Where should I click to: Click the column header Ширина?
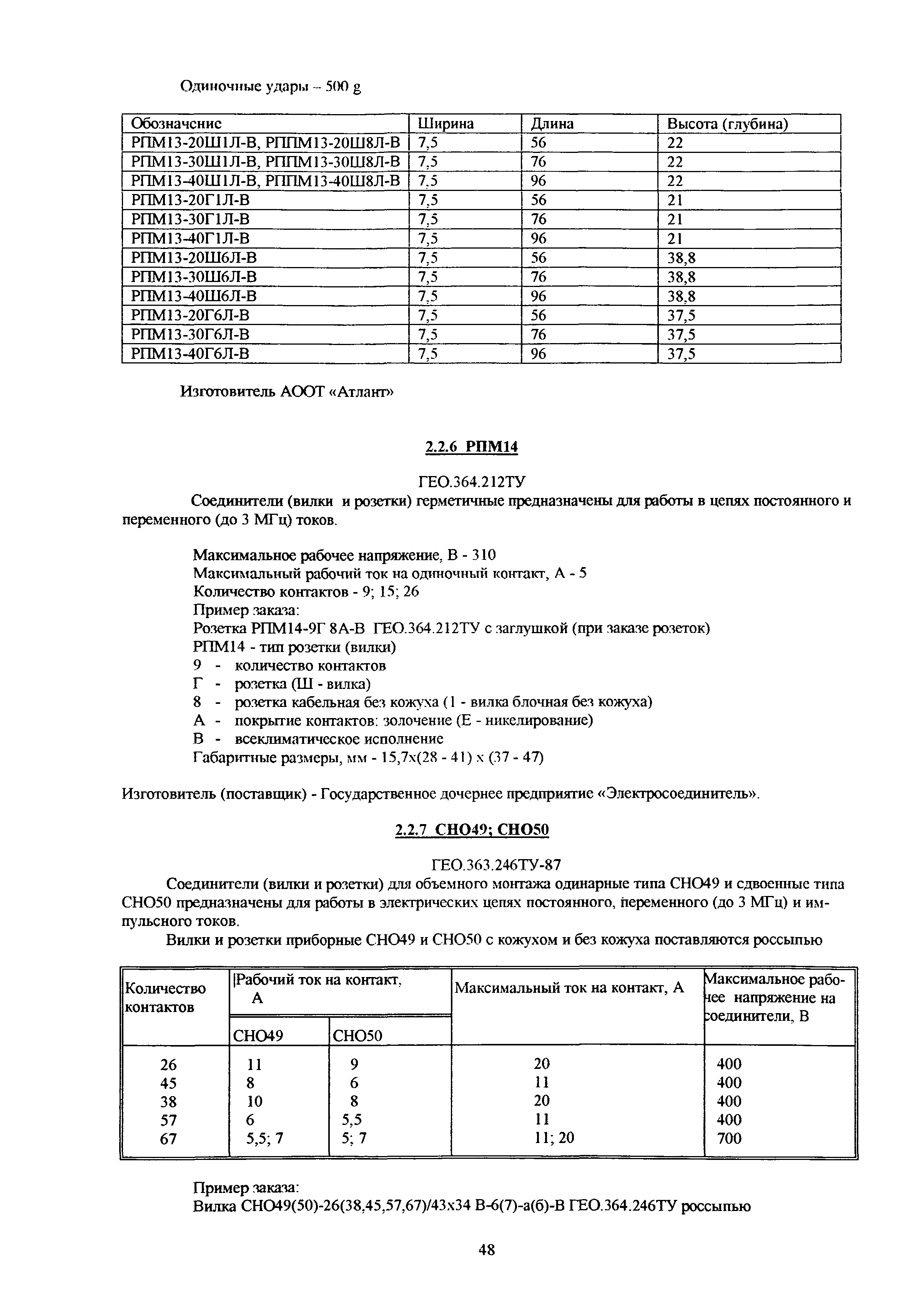tap(446, 124)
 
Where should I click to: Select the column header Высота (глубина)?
tap(727, 124)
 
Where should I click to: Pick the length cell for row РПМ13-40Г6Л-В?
tap(539, 354)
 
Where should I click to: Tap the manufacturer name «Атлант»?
tap(362, 392)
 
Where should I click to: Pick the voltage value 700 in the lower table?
tap(729, 1138)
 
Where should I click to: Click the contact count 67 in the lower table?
tap(168, 1138)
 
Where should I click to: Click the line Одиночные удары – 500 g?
tap(271, 87)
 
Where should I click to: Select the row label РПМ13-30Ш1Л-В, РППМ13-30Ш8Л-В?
tap(265, 162)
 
